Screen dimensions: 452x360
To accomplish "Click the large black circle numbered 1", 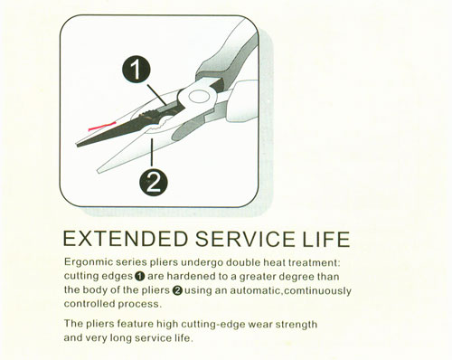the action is (137, 70).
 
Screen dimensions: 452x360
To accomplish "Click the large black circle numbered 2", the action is (154, 182).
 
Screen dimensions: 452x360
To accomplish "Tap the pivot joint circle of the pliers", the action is (199, 98).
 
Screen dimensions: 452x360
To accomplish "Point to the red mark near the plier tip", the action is (102, 126).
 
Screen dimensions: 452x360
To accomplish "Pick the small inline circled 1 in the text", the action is (140, 276).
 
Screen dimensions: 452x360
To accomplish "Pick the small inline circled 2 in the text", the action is (177, 290).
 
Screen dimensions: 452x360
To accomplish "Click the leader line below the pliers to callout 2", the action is (152, 152).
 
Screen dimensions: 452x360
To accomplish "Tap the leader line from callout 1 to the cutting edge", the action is (157, 95).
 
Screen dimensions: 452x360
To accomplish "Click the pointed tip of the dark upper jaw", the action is (77, 146).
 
